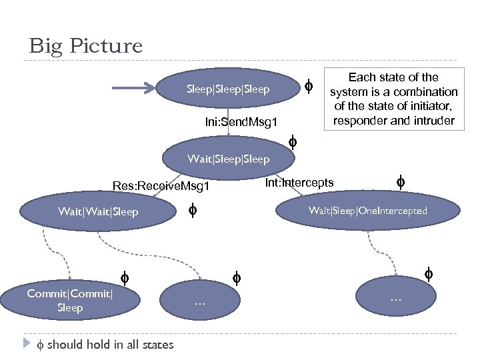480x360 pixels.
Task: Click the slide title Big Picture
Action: click(85, 46)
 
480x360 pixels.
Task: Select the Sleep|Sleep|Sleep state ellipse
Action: click(228, 89)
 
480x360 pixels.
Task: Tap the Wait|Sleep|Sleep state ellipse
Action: click(228, 159)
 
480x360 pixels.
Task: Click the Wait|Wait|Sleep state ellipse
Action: click(98, 212)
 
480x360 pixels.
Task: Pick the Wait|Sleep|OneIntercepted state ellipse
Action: click(367, 211)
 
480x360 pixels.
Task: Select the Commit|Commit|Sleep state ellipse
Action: click(69, 301)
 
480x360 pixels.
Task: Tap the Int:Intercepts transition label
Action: click(299, 183)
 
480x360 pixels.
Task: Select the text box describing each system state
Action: click(393, 99)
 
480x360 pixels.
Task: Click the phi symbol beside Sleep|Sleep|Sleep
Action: click(308, 85)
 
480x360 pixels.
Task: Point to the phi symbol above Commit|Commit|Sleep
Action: click(123, 277)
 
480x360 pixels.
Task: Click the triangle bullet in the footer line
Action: click(27, 344)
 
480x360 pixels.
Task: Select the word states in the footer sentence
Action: click(158, 345)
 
